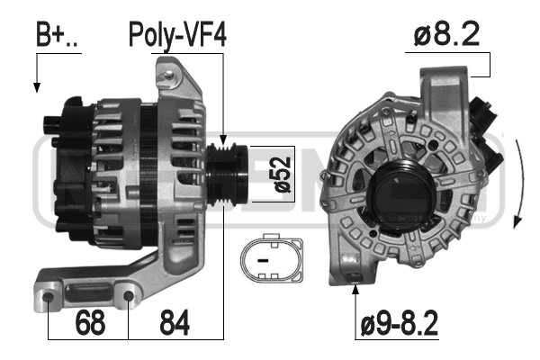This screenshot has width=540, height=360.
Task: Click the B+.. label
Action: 58,35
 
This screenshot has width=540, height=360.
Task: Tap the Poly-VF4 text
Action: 177,35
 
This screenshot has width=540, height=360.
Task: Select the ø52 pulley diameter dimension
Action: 283,175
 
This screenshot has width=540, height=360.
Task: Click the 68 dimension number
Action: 90,322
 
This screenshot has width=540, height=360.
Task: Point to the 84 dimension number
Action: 175,322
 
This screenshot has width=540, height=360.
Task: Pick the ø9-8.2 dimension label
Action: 399,323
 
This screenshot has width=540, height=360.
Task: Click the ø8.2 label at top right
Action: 446,33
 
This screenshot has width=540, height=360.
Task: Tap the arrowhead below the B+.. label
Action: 37,87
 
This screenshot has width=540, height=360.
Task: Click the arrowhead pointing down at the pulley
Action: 223,139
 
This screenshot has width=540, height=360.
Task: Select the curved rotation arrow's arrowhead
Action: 517,221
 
